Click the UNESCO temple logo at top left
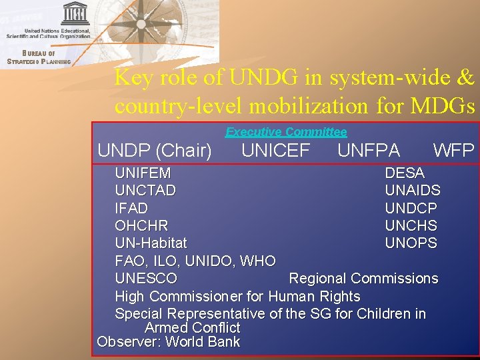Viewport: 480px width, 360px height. pyautogui.click(x=75, y=13)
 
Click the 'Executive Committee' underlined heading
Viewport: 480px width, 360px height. pyautogui.click(x=286, y=132)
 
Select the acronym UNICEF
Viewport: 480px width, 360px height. pyautogui.click(x=275, y=151)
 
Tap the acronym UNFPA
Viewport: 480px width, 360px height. pyautogui.click(x=369, y=151)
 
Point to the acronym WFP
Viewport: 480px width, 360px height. pyautogui.click(x=453, y=151)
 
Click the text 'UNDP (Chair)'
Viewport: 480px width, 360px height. pyautogui.click(x=155, y=151)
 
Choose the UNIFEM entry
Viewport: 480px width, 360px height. pyautogui.click(x=143, y=173)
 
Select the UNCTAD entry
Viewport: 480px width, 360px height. pyautogui.click(x=145, y=191)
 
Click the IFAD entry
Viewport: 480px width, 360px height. pyautogui.click(x=131, y=208)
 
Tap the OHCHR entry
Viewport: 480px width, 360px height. pyautogui.click(x=141, y=226)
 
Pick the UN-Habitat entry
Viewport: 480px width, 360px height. pyautogui.click(x=151, y=243)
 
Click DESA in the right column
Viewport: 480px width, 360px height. pyautogui.click(x=405, y=173)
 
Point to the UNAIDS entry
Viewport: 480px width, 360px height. pyautogui.click(x=413, y=191)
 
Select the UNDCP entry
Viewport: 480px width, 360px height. pyautogui.click(x=411, y=208)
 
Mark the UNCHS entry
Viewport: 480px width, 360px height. pyautogui.click(x=411, y=226)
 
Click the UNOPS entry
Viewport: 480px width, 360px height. pyautogui.click(x=411, y=243)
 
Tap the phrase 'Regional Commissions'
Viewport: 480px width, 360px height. pyautogui.click(x=363, y=279)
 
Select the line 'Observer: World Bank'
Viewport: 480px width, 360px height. pyautogui.click(x=168, y=342)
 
